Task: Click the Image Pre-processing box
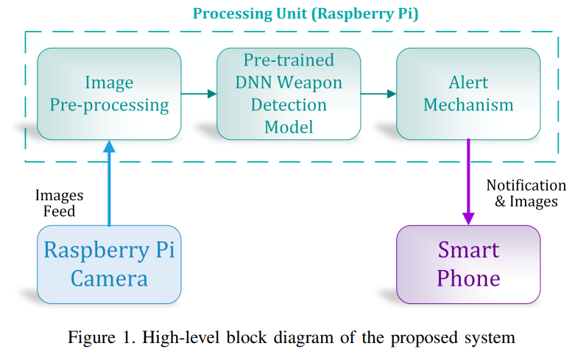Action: coord(109,93)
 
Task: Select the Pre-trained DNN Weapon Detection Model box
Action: coord(289,93)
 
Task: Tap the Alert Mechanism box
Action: coord(468,93)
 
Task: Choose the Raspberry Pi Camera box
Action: coord(109,264)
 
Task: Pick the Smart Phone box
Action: coord(468,264)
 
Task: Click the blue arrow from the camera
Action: coord(109,183)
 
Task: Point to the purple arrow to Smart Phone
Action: coord(468,182)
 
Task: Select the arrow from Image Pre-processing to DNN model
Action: coord(199,93)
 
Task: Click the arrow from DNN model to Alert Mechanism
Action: coord(378,93)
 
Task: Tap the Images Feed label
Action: coord(59,203)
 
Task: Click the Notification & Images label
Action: coord(526,194)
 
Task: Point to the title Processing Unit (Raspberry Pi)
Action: coord(306,14)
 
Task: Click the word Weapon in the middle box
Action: coord(309,83)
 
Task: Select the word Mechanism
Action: coord(468,105)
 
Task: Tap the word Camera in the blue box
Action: coord(109,278)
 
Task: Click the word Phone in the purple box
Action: coord(468,278)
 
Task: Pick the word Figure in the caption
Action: coord(91,337)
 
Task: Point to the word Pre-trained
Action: coord(289,60)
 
